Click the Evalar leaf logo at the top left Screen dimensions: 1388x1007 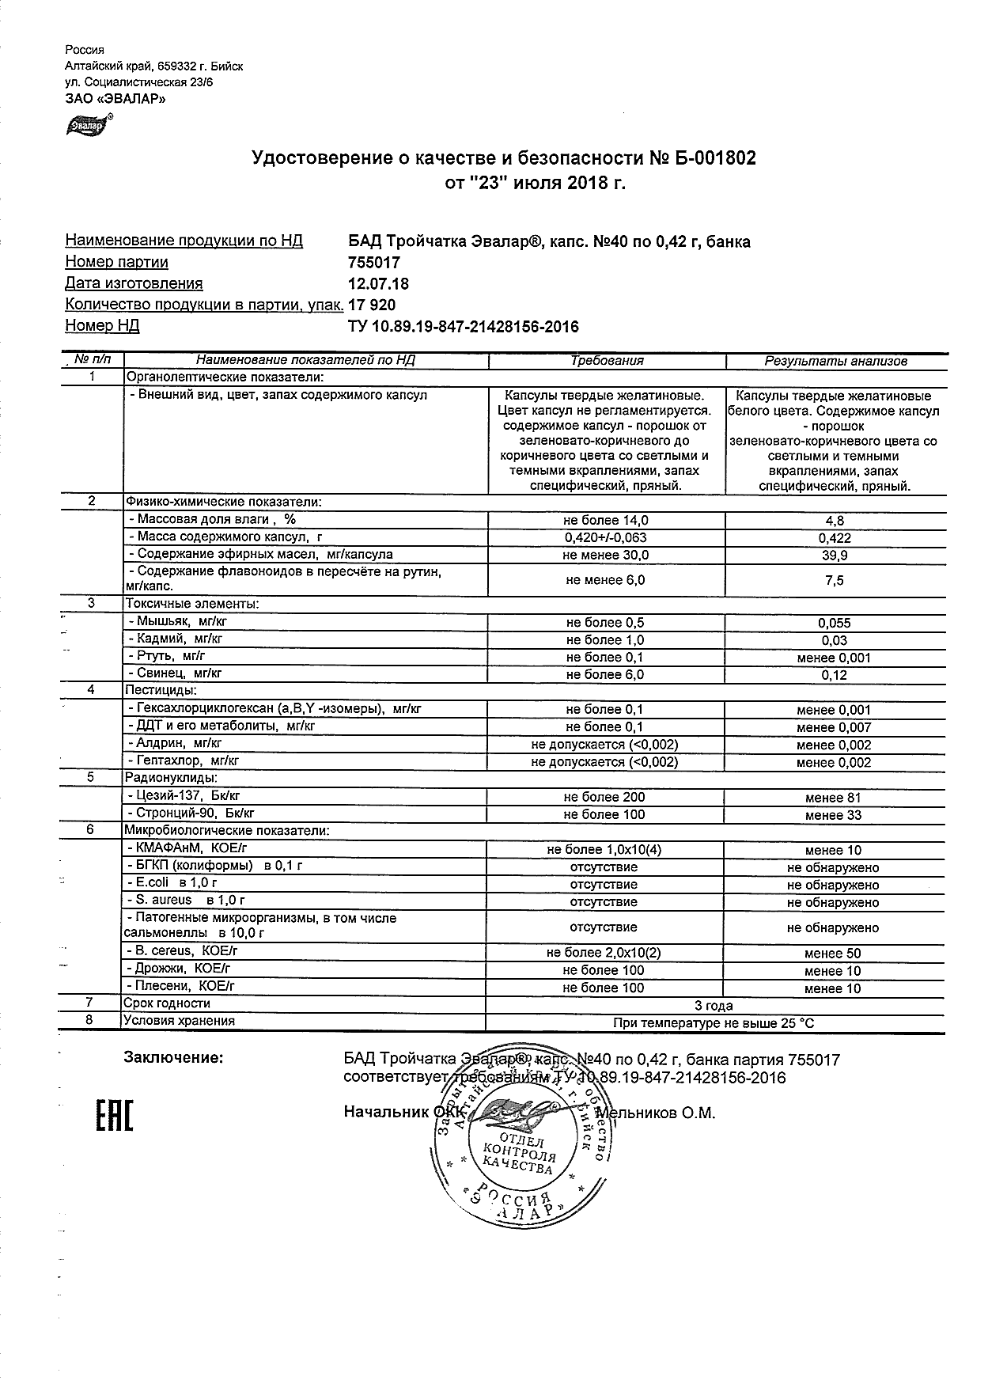point(89,125)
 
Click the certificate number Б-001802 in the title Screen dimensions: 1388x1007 point(715,158)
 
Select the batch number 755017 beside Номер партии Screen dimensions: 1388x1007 point(374,263)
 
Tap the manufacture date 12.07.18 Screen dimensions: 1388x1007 point(378,284)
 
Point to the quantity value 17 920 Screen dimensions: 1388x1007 point(372,305)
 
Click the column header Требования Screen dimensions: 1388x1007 point(607,361)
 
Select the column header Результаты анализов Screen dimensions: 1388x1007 point(835,362)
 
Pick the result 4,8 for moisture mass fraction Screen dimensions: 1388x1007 point(835,521)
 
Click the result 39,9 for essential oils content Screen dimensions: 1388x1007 point(835,556)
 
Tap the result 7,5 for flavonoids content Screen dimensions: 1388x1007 point(835,581)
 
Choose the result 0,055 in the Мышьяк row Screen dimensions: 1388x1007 point(835,624)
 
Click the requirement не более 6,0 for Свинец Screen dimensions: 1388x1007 point(605,675)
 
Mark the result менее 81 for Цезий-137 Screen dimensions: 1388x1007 point(833,798)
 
